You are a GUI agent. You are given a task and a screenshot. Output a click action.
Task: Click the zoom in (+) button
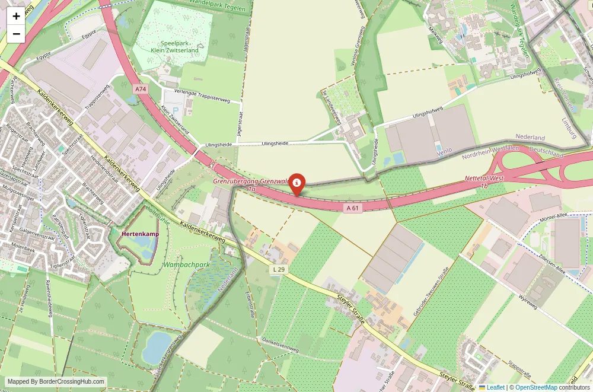[x=16, y=16]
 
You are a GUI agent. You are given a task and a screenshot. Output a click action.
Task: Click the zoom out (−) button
[x=16, y=34]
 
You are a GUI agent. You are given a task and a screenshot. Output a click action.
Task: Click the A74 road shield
[x=141, y=89]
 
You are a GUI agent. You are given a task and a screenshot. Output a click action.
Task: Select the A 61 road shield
[x=352, y=208]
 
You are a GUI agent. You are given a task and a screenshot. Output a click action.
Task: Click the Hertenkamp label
[x=140, y=234]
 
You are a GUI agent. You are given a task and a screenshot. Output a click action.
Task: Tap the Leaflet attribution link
[x=492, y=387]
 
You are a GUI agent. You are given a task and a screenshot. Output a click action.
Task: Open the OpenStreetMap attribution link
[x=535, y=387]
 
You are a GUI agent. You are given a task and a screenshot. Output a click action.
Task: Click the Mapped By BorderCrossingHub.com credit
[x=56, y=382]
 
